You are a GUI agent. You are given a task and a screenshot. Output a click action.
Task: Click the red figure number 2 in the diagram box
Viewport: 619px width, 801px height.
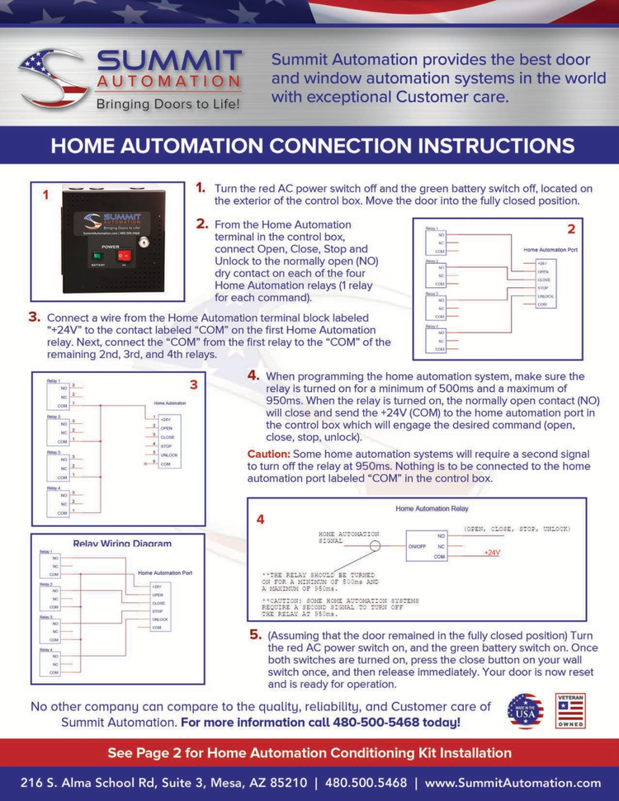pos(570,229)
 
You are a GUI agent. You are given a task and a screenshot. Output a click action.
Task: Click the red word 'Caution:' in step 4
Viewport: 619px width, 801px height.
pos(267,455)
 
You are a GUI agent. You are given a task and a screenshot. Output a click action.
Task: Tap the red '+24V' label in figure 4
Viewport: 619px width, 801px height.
pos(493,552)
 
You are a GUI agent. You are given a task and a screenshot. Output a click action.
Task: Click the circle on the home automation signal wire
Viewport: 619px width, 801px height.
pos(375,545)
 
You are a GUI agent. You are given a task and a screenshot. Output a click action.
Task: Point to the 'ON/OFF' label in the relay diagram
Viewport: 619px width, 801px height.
pos(418,545)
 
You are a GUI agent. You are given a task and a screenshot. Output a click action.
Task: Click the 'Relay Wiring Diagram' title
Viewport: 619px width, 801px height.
pos(123,544)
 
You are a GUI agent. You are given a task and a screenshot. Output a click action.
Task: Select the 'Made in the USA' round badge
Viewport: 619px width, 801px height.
pos(525,711)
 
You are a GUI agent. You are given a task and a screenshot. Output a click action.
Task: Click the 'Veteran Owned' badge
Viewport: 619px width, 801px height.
pos(570,711)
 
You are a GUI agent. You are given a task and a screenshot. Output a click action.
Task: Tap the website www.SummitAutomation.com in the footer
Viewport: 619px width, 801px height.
pos(513,782)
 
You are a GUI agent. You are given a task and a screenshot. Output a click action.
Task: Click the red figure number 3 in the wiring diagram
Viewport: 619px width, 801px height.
pos(193,384)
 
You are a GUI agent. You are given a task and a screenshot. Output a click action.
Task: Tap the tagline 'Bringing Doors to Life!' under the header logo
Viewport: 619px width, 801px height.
pos(168,105)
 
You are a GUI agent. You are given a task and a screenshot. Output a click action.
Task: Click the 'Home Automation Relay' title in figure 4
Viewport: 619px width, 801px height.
pos(432,509)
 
